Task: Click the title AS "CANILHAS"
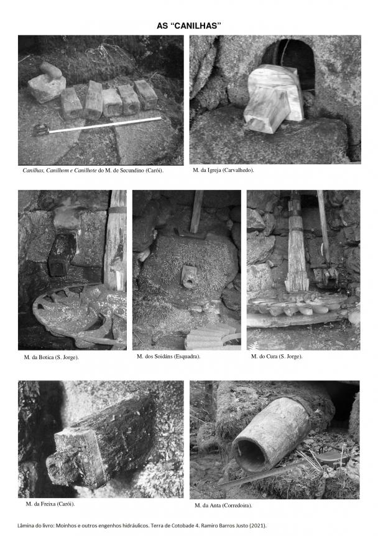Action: point(189,26)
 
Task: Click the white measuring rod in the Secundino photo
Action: point(105,125)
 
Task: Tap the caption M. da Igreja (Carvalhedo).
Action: point(223,170)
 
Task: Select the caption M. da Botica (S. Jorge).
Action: point(51,357)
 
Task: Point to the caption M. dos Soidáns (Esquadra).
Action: point(168,357)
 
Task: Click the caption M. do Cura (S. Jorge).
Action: point(277,357)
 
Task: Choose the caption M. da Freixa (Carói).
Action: point(50,504)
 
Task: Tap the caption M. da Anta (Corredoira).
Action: point(223,505)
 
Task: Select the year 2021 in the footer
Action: point(259,526)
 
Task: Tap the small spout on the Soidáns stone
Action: point(188,276)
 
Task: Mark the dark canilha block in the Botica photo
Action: point(62,254)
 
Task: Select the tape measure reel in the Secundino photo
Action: point(40,129)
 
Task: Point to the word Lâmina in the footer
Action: point(25,526)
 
